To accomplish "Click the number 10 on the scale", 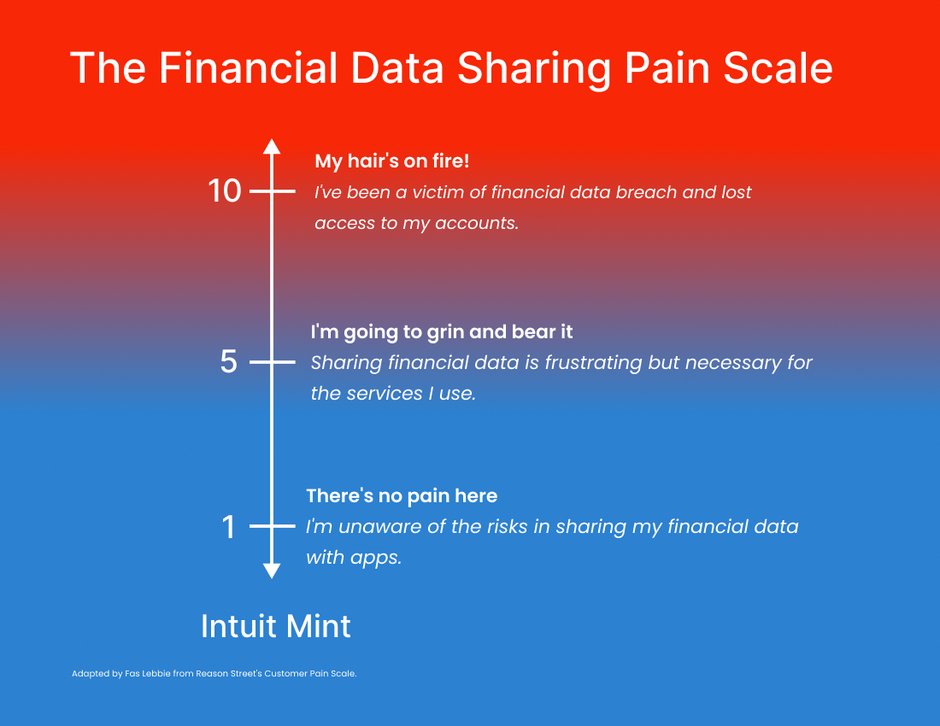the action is click(224, 191).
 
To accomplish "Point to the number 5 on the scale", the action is click(228, 362).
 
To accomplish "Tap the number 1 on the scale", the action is click(228, 527).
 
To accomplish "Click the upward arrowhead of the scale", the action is click(272, 146).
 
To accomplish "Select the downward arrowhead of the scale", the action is click(272, 571).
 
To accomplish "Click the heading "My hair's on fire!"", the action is click(392, 161).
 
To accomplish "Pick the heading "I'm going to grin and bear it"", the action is click(442, 332).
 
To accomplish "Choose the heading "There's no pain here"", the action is click(402, 496).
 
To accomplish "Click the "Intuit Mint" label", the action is click(276, 627).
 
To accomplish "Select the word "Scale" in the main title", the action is click(778, 67).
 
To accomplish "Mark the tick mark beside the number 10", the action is click(272, 191).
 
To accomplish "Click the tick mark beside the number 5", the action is click(272, 362).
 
